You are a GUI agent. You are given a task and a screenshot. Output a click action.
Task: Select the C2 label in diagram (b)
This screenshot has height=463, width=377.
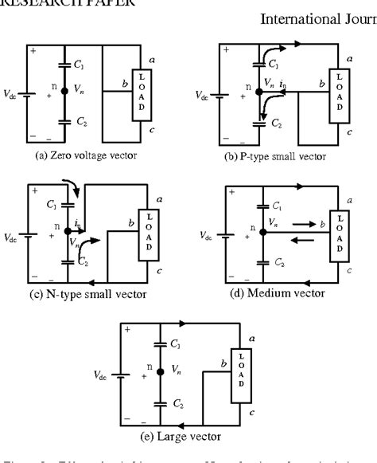click(x=276, y=124)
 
